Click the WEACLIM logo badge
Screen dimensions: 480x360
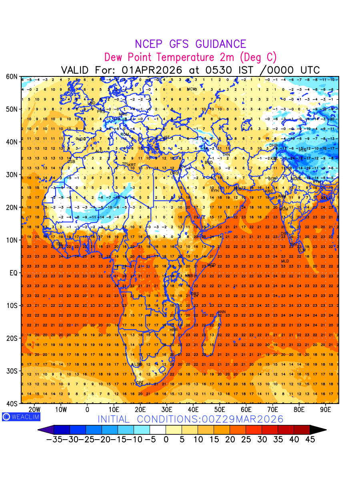pyautogui.click(x=21, y=416)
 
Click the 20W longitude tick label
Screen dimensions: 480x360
pyautogui.click(x=35, y=410)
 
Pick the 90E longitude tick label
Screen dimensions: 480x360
pyautogui.click(x=326, y=410)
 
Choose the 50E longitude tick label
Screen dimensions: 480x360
pyautogui.click(x=220, y=410)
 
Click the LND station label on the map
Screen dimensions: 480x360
pyautogui.click(x=92, y=103)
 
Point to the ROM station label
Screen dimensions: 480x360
pyautogui.click(x=125, y=134)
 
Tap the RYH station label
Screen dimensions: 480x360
pyautogui.click(x=215, y=190)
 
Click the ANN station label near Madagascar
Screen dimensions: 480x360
pyautogui.click(x=221, y=312)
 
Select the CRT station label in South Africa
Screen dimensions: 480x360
pyautogui.click(x=140, y=383)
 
